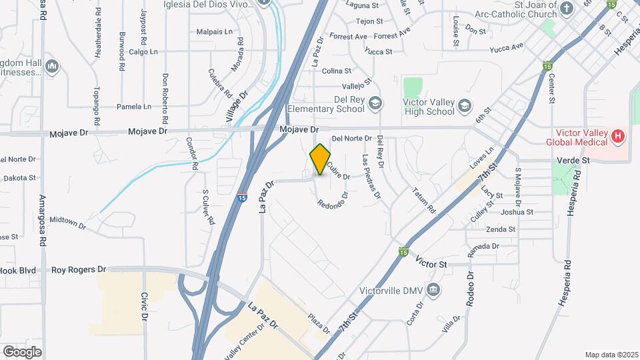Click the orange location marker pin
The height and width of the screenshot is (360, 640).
[320, 159]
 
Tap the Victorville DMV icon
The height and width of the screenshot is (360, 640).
[434, 289]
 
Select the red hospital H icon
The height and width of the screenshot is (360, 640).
[618, 137]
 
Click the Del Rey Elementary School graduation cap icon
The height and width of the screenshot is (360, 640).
[375, 102]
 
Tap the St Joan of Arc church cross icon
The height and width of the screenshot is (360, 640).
[566, 8]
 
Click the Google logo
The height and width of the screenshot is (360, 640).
[22, 351]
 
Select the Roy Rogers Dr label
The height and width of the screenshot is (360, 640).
[79, 270]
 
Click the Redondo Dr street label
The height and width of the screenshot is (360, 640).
[333, 203]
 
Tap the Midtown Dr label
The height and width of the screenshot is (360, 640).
[68, 222]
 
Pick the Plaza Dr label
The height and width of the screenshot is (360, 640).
[319, 323]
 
